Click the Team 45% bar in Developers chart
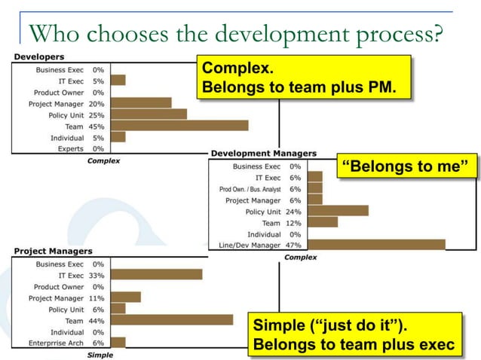click(x=179, y=126)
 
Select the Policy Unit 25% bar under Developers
click(x=149, y=114)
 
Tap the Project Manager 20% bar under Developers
click(x=141, y=103)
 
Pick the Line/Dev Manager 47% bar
click(x=376, y=244)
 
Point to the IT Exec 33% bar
click(x=156, y=275)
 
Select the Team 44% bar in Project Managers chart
click(x=172, y=320)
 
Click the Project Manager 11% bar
click(x=126, y=297)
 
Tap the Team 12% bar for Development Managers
click(x=323, y=223)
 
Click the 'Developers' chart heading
click(x=39, y=56)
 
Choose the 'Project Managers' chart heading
click(x=53, y=251)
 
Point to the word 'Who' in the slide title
click(x=51, y=34)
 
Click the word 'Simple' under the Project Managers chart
click(x=100, y=355)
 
